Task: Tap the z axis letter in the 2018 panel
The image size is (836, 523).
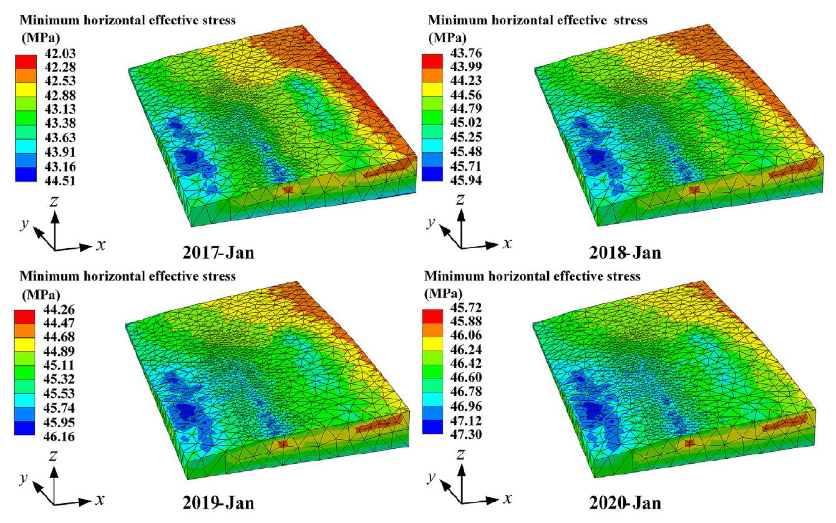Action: [x=460, y=199]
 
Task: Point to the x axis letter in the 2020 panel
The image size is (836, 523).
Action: [x=508, y=498]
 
